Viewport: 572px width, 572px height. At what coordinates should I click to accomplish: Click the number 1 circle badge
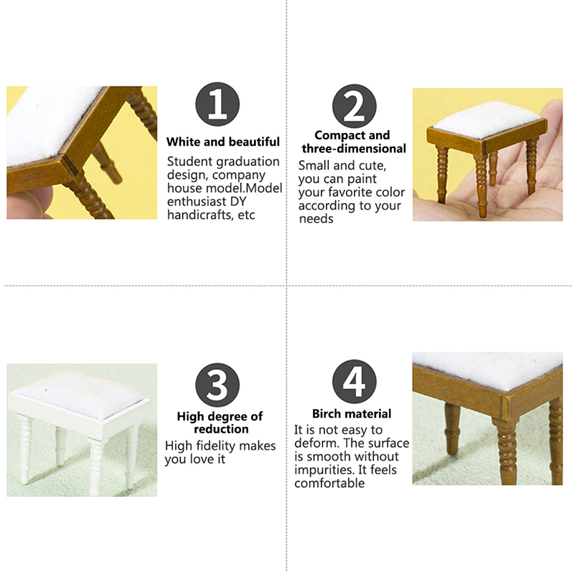[217, 104]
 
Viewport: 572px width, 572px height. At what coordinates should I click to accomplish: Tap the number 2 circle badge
[354, 107]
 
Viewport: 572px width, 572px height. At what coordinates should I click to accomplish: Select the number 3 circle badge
[217, 385]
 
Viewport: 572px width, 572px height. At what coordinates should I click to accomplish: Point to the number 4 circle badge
[354, 382]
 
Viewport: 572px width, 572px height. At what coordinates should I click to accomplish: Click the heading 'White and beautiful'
[223, 142]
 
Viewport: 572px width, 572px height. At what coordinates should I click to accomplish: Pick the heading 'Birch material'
[352, 414]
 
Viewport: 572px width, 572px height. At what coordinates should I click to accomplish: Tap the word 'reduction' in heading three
[221, 429]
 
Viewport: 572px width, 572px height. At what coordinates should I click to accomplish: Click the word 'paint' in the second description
[362, 179]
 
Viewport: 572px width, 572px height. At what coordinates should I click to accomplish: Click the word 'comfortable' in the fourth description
[330, 483]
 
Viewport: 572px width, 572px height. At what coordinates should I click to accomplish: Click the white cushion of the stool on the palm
[488, 119]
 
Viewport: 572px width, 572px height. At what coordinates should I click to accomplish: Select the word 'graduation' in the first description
[248, 162]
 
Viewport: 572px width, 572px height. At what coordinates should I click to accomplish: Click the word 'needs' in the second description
[316, 219]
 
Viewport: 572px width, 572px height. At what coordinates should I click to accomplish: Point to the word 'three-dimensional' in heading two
[354, 149]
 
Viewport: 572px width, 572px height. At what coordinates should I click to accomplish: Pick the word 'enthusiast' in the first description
[197, 202]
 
